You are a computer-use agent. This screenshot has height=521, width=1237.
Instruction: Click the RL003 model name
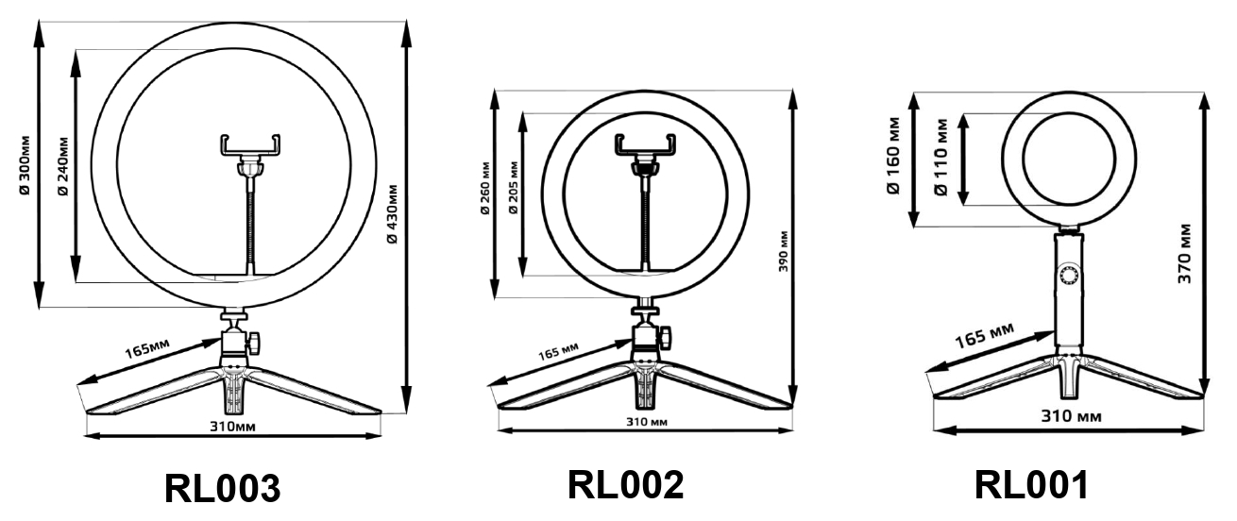coord(223,489)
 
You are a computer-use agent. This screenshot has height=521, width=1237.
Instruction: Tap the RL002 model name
coord(626,484)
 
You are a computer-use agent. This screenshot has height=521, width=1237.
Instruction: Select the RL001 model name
coord(1031,485)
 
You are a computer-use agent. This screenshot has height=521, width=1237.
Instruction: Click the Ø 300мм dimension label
coord(25,164)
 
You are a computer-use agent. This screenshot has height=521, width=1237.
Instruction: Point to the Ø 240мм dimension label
coord(63,165)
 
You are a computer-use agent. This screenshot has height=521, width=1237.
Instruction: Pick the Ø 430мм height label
coord(392,214)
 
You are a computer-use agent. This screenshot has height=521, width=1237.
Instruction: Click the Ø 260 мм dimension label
coord(484,188)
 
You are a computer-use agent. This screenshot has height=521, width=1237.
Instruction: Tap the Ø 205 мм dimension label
coord(513,188)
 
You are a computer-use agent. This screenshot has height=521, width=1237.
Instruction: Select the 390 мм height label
coord(783,252)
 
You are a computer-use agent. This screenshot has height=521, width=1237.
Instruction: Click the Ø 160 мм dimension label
coord(893,156)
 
